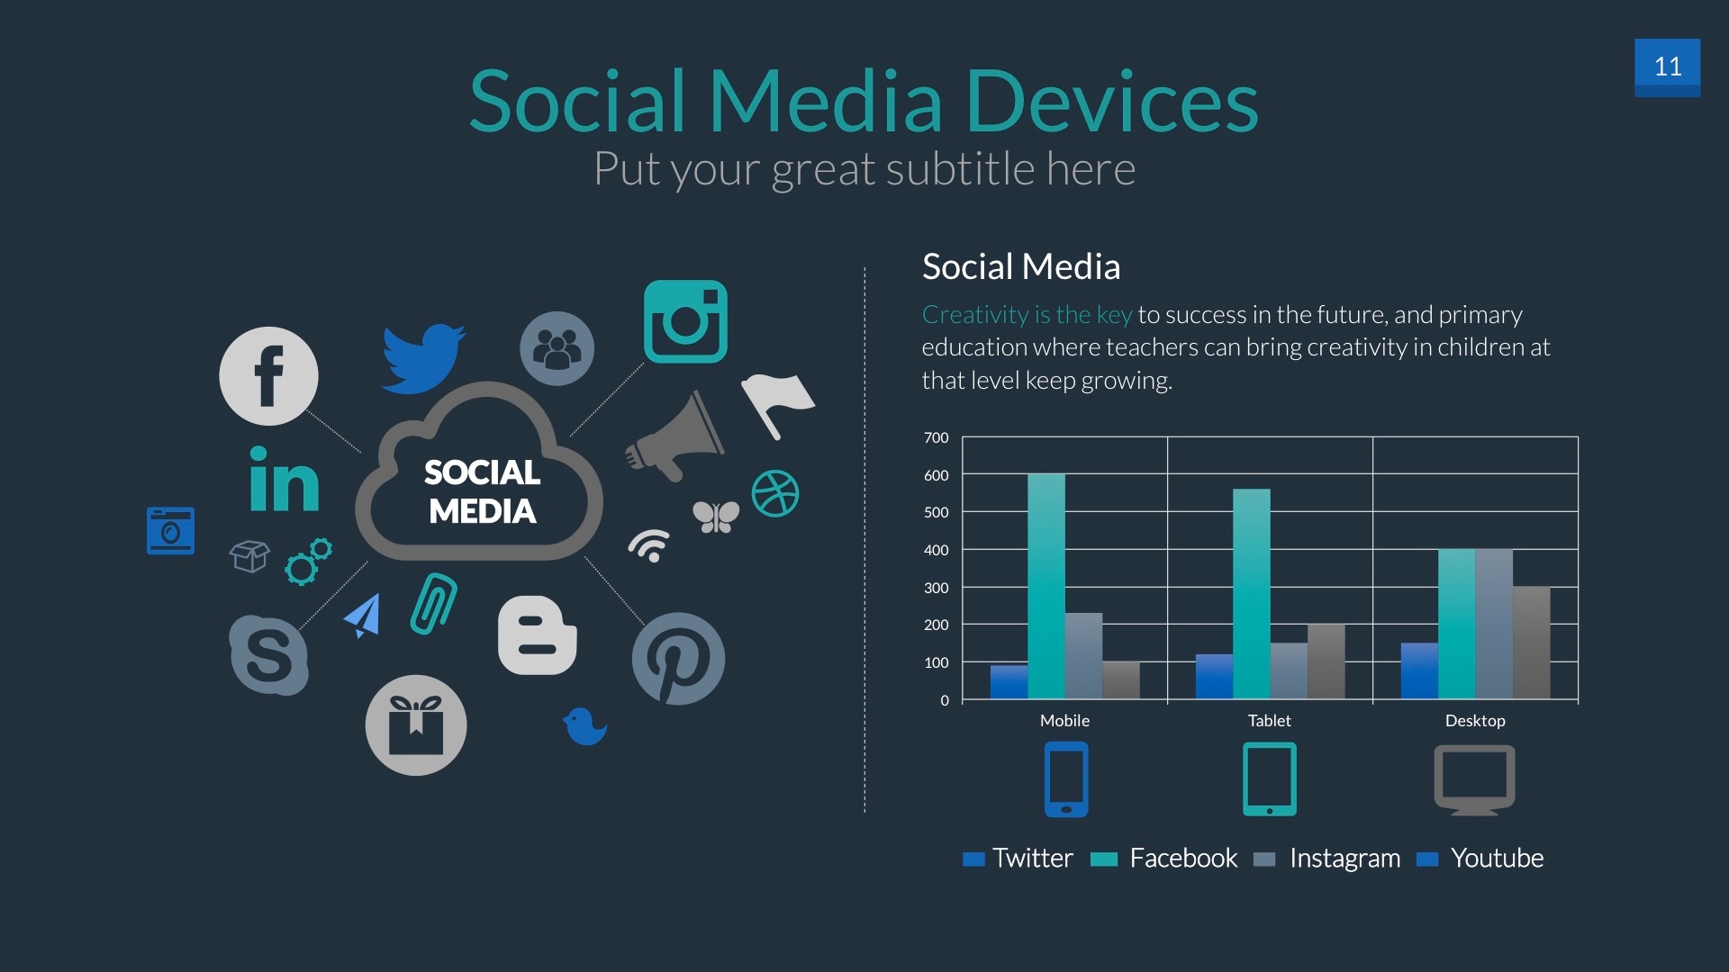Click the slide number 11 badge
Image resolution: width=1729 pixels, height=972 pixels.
(x=1667, y=67)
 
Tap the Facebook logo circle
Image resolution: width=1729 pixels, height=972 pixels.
(x=268, y=376)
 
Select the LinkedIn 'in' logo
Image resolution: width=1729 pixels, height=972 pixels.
(x=284, y=480)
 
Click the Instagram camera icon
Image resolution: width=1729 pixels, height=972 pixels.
(x=685, y=321)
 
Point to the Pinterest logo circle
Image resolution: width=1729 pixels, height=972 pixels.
(x=678, y=659)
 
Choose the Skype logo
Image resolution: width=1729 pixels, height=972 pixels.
(x=268, y=655)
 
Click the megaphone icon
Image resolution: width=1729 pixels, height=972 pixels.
(x=676, y=437)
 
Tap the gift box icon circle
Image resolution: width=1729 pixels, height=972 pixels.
(x=415, y=725)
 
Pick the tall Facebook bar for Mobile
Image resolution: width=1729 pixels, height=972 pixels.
(x=1046, y=586)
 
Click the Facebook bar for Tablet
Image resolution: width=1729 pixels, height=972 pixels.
(x=1251, y=594)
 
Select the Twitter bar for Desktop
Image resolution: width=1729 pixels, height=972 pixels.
(x=1419, y=671)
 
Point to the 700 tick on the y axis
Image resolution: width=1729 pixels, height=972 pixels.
(x=936, y=438)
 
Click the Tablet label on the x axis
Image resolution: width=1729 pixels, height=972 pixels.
(x=1269, y=721)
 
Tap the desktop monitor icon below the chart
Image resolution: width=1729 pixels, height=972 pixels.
(x=1474, y=779)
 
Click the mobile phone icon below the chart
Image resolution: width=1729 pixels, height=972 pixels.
(x=1066, y=779)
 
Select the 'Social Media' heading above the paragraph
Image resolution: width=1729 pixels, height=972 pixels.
(x=1021, y=267)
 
